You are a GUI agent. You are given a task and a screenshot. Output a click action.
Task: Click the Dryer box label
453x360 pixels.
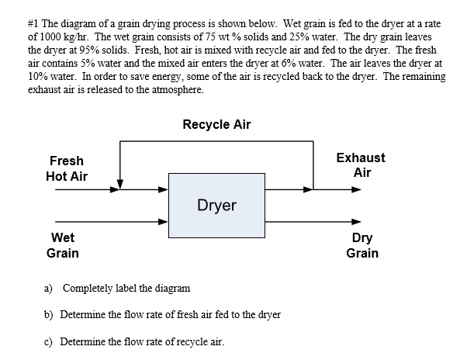[x=216, y=206]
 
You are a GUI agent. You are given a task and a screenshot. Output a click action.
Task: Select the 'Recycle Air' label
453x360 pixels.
[x=216, y=124]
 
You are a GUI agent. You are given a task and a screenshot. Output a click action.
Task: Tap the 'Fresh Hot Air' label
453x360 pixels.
[x=67, y=168]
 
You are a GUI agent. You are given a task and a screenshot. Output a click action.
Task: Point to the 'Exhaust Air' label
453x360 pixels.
[x=361, y=164]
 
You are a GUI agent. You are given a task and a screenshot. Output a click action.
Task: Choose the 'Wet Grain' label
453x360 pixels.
[x=62, y=245]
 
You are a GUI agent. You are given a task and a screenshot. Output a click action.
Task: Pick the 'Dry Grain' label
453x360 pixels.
[x=361, y=245]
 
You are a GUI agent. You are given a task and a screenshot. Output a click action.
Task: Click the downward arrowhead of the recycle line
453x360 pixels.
[x=120, y=175]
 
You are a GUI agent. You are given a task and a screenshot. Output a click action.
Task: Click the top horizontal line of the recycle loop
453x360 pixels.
[x=216, y=142]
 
